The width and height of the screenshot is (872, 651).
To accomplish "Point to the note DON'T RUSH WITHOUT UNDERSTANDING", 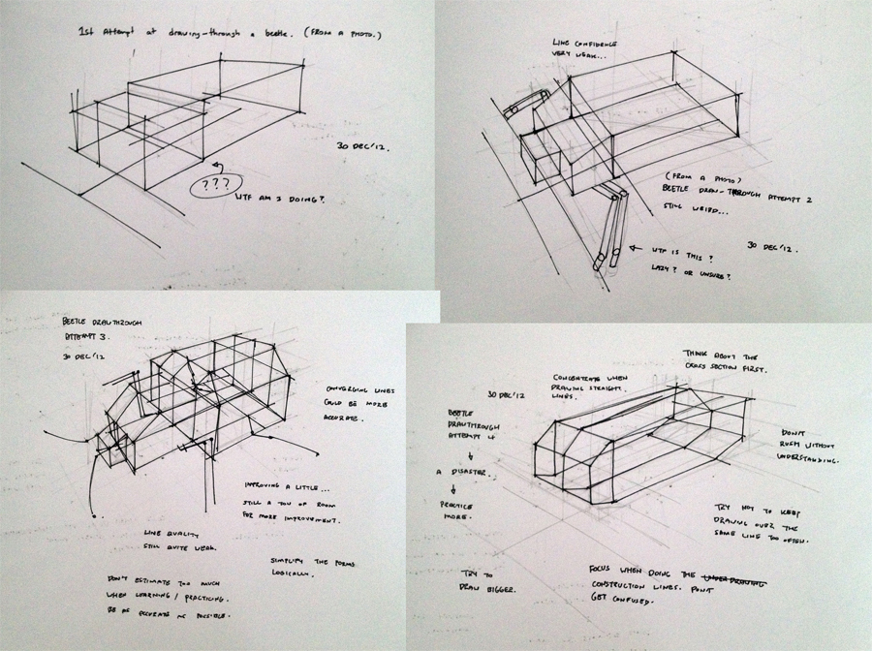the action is point(810,445).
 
